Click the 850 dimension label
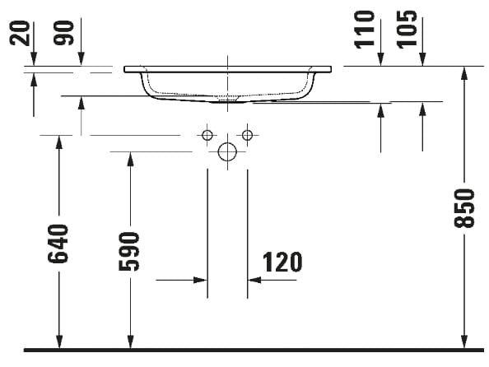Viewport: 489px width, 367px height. click(464, 208)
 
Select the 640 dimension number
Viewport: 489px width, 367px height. click(58, 244)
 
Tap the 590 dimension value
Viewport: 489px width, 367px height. click(129, 251)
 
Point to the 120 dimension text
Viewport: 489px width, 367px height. click(282, 262)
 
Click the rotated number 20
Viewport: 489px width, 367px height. click(20, 34)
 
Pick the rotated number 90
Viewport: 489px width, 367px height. click(64, 33)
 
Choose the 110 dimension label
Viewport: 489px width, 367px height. click(365, 30)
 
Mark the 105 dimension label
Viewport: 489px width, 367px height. click(407, 30)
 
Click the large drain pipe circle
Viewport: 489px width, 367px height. click(227, 152)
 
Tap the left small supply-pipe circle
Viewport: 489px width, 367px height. click(207, 135)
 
